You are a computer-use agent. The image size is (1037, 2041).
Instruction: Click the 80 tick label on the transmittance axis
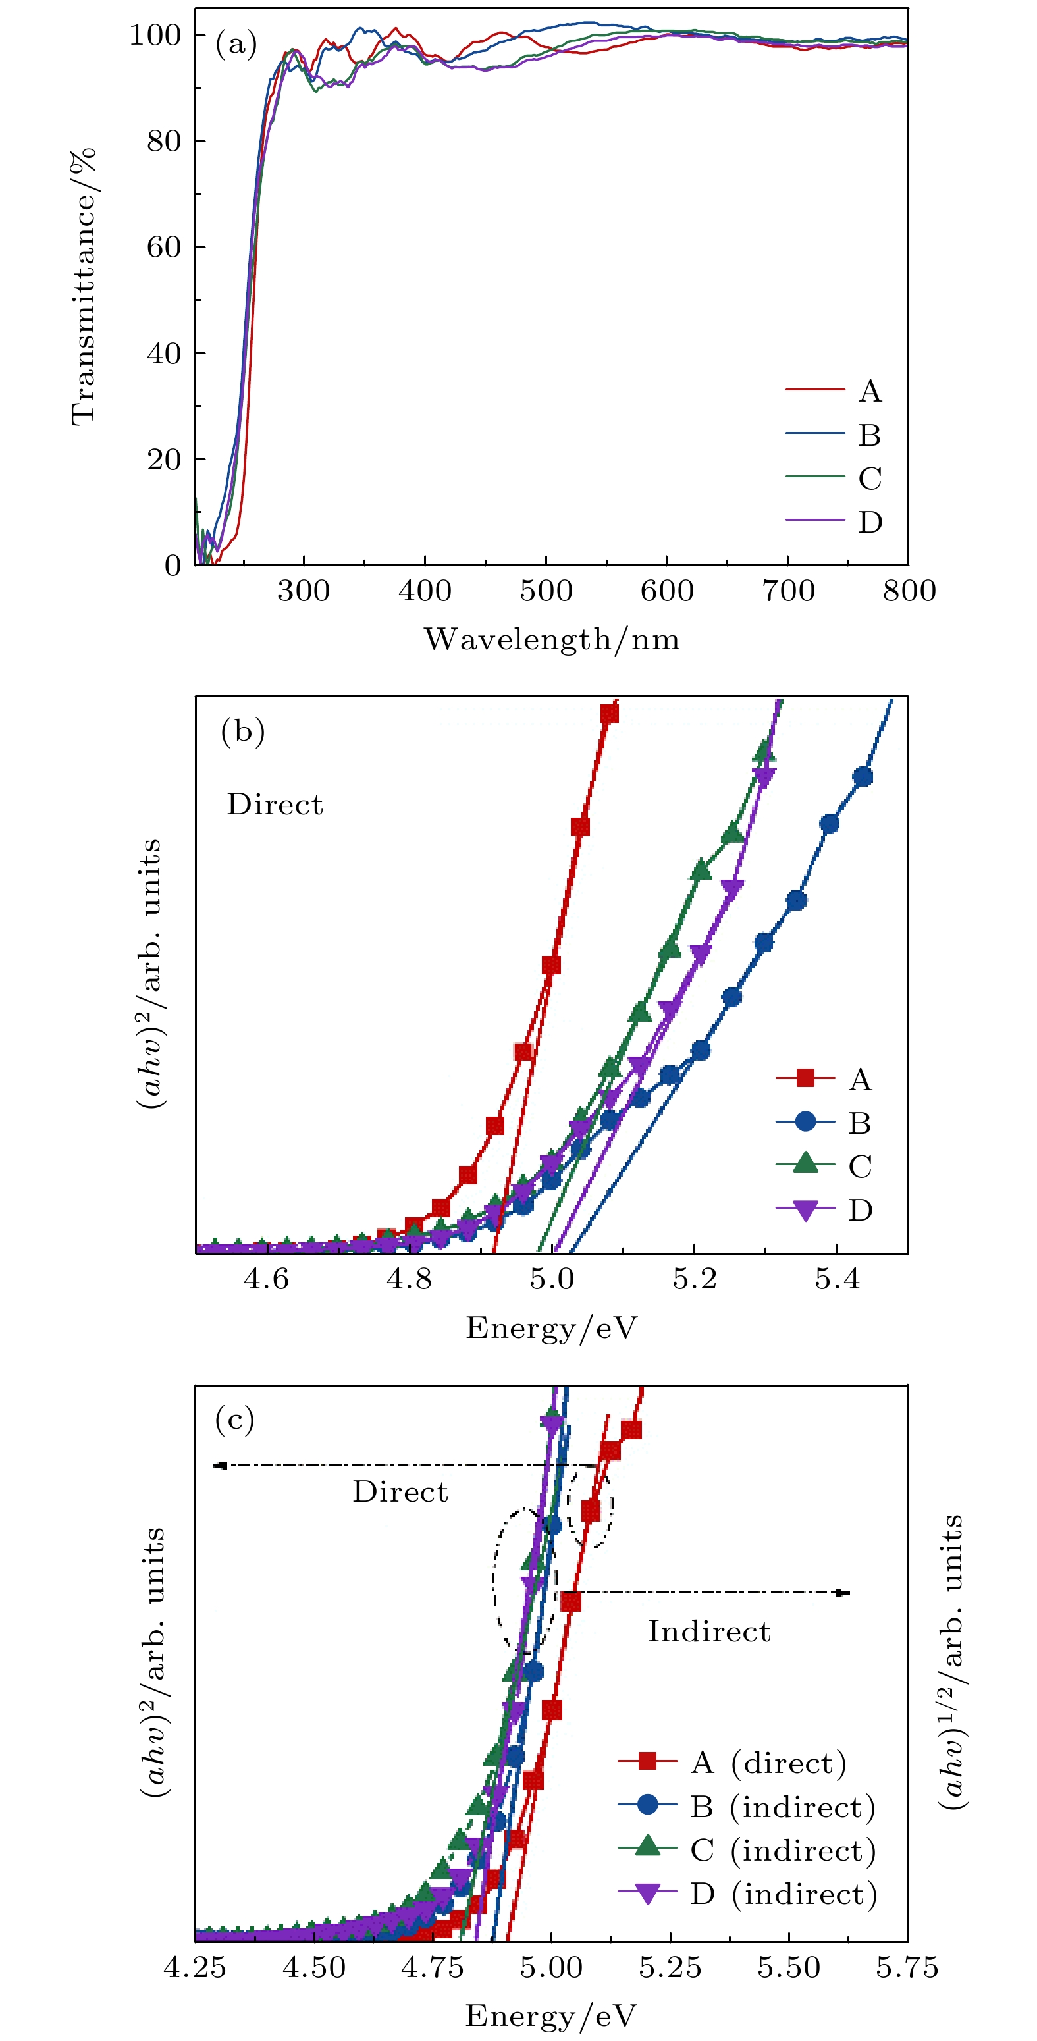coord(164,141)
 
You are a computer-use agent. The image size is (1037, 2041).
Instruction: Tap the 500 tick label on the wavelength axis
coord(546,591)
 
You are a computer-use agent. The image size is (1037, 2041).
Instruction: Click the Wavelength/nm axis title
coord(551,639)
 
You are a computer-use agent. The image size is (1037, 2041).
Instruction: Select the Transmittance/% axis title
coord(83,287)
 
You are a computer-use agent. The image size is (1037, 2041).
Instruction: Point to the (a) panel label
coord(236,44)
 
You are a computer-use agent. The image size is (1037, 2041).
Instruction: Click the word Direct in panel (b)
coord(275,805)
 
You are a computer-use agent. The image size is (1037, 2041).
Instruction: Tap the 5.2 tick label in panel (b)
coord(694,1279)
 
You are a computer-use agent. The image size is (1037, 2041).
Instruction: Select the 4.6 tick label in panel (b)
coord(267,1279)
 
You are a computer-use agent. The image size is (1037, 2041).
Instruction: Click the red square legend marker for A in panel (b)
coord(805,1078)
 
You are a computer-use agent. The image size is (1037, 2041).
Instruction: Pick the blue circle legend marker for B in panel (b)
coord(805,1121)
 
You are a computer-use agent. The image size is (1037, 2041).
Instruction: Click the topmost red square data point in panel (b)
coord(609,714)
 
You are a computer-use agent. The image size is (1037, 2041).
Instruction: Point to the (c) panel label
coord(234,1420)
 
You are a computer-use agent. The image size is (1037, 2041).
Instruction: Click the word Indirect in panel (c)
coord(709,1631)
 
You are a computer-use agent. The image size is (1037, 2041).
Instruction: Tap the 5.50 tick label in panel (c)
coord(788,1967)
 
